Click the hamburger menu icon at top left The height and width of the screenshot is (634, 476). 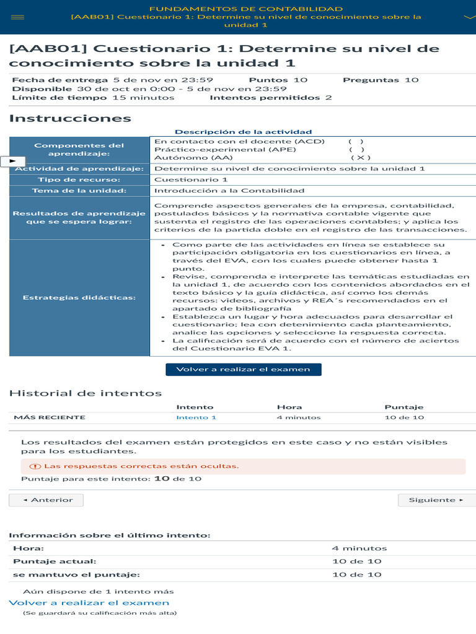17,17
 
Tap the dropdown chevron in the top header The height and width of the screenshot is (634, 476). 469,17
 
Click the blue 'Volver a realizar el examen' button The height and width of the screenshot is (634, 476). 243,369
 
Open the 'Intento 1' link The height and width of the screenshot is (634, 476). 196,417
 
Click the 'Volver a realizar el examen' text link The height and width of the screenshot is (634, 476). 89,602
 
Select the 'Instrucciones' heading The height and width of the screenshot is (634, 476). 70,118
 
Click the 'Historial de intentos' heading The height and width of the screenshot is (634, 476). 85,393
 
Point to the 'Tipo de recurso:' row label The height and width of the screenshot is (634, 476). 79,180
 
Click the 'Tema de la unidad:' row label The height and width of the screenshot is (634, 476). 79,191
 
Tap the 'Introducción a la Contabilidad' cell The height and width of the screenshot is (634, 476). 229,191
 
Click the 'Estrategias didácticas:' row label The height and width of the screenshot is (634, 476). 79,297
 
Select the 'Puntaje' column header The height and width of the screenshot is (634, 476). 403,407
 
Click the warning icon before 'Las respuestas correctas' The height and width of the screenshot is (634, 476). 35,466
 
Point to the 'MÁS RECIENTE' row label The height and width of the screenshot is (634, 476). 50,417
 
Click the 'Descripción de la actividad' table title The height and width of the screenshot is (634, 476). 243,132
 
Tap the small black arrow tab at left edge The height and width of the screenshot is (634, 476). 12,161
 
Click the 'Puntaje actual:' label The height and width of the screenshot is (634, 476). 55,561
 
